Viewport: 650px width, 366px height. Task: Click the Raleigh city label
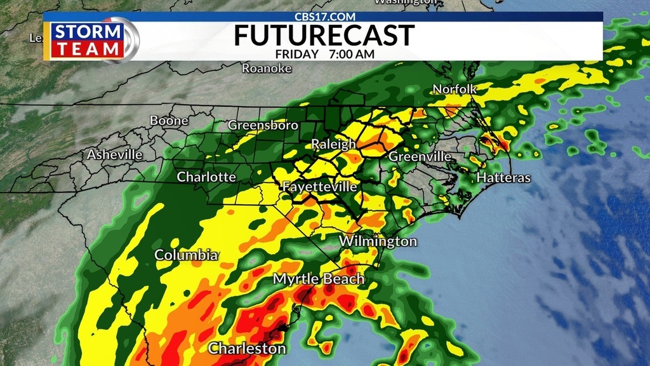coord(333,145)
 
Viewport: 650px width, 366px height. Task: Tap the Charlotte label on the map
coord(206,177)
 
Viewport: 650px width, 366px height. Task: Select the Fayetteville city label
coord(319,187)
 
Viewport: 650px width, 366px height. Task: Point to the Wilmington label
coord(378,241)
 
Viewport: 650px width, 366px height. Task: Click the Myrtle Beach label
coord(319,279)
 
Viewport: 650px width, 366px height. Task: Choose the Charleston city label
coord(247,348)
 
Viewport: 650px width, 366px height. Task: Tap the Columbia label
coord(186,255)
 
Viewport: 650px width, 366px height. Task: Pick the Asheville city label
coord(115,154)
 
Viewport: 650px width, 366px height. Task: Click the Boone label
coord(169,121)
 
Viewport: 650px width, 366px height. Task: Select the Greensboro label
coord(263,125)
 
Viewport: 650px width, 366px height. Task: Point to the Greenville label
coord(420,156)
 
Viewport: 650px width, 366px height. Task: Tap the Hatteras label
coord(503,178)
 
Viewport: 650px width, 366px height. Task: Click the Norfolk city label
coord(454,89)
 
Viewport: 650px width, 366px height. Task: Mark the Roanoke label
coord(267,69)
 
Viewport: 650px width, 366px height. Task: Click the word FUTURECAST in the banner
coord(324,36)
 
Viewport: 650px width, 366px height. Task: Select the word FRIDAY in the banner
coord(297,54)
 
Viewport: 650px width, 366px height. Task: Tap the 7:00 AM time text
coord(352,54)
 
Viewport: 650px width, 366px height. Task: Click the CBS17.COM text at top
coord(325,17)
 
